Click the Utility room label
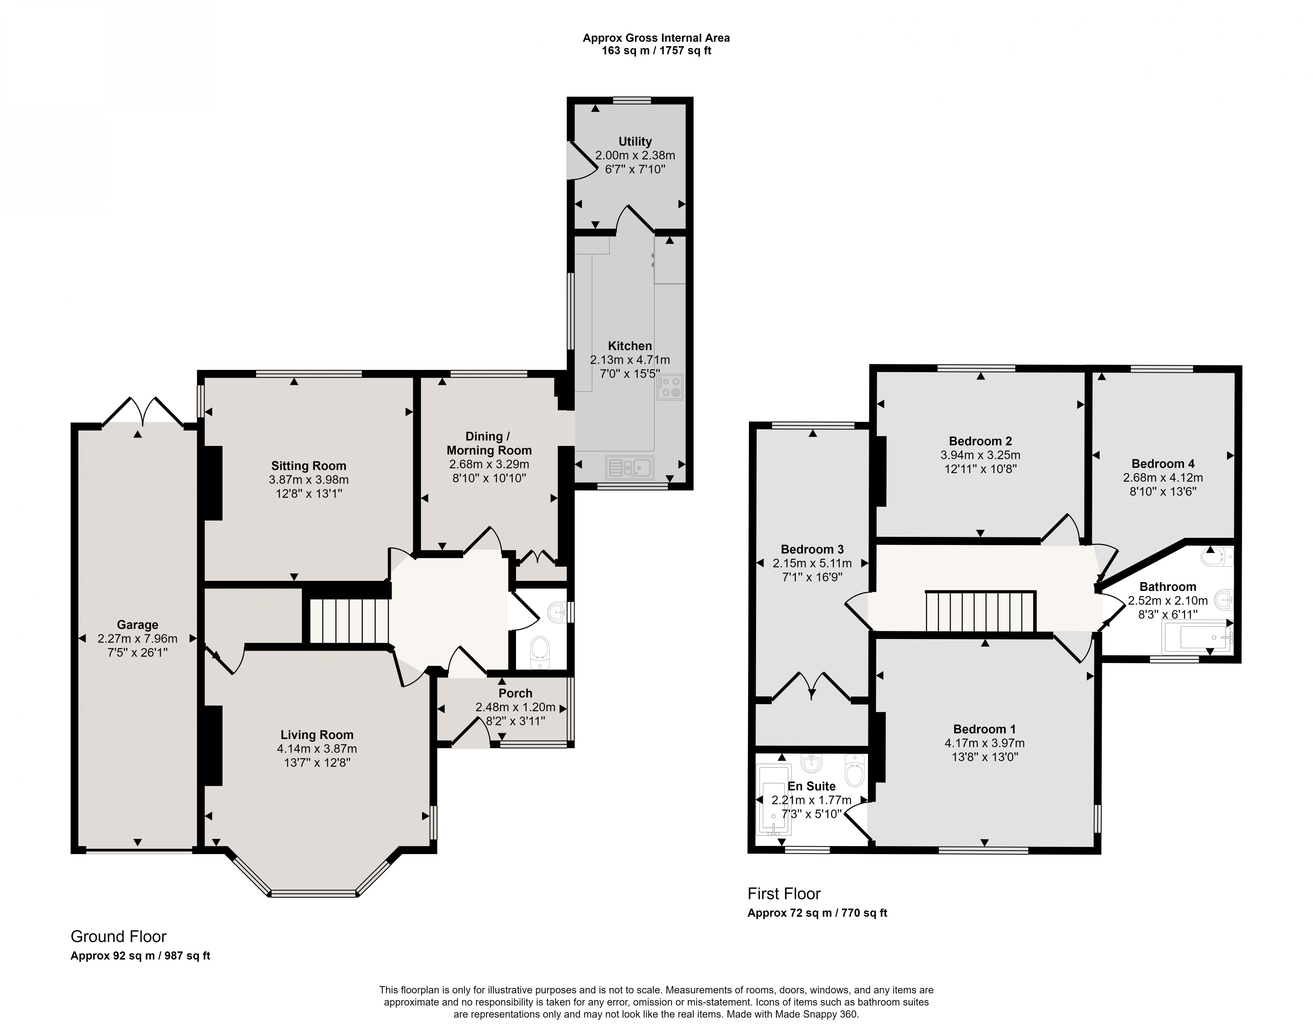(x=634, y=141)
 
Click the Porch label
(x=515, y=693)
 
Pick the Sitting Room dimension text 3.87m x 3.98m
(x=309, y=480)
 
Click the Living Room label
(x=317, y=735)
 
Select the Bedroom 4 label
(x=1163, y=464)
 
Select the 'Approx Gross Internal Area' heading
(x=656, y=38)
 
